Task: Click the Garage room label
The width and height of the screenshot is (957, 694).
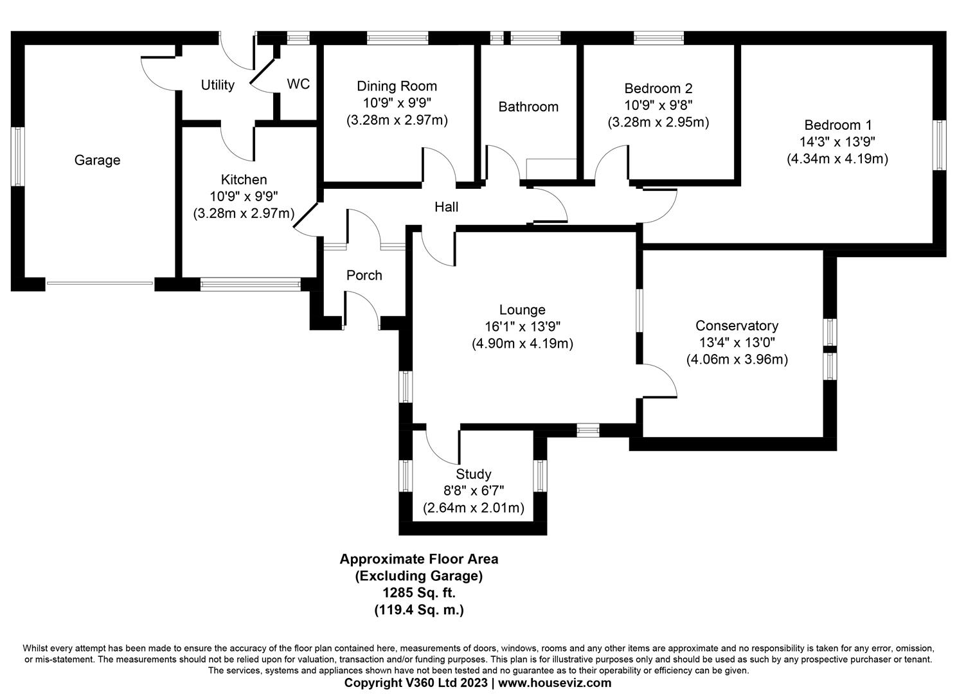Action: [x=97, y=160]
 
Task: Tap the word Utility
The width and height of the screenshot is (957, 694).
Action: [x=217, y=85]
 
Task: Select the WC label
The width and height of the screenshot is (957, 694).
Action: [x=298, y=84]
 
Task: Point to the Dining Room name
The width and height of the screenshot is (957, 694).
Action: [x=397, y=86]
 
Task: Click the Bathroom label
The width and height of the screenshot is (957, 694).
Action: [x=528, y=107]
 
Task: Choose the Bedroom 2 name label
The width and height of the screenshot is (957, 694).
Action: [x=658, y=88]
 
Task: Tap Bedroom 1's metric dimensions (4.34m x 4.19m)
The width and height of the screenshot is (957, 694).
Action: [x=837, y=159]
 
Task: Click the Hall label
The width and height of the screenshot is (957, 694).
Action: [x=446, y=207]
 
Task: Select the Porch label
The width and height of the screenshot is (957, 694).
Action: [x=364, y=275]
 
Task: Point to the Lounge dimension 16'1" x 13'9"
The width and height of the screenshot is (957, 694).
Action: [x=522, y=326]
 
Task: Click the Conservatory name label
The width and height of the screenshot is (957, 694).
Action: [x=737, y=326]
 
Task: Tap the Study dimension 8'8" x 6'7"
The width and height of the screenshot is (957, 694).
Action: [x=473, y=491]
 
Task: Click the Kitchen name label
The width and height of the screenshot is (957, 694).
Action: [x=244, y=179]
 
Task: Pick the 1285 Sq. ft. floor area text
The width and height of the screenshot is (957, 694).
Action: [x=418, y=593]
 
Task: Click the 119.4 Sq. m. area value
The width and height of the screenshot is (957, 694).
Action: [x=418, y=610]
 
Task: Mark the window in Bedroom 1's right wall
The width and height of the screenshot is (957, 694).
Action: [x=940, y=145]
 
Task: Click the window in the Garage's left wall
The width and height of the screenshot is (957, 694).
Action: [x=17, y=157]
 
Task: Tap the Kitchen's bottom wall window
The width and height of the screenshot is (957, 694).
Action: [x=250, y=284]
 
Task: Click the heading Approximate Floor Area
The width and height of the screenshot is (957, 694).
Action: [x=418, y=559]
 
